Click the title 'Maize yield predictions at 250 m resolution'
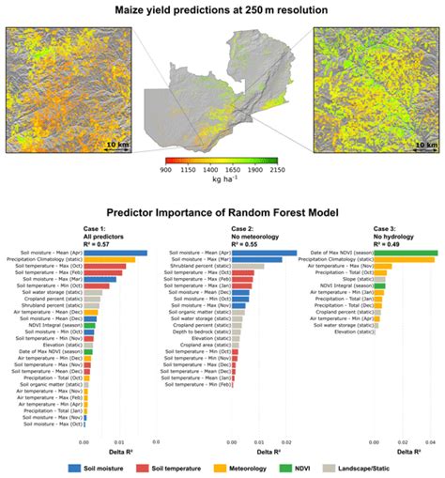point(222,10)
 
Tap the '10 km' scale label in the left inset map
point(116,146)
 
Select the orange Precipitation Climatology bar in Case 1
point(109,260)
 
